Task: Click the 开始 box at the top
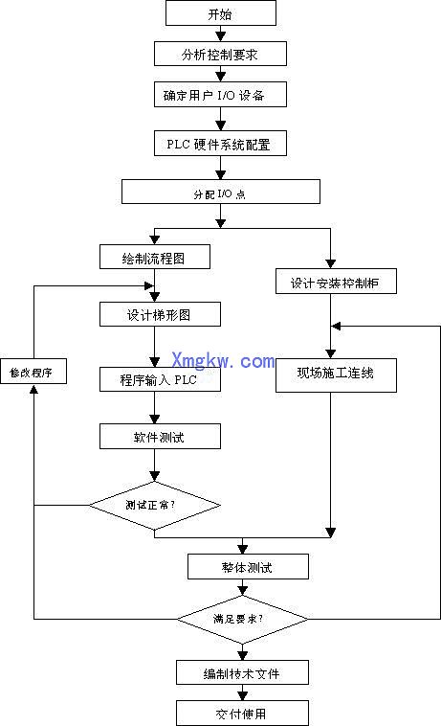[x=220, y=13]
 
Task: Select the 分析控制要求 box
[x=220, y=54]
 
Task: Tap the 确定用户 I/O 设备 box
[x=220, y=95]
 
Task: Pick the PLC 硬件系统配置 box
[x=220, y=143]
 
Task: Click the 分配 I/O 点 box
[x=220, y=192]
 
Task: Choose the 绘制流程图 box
[x=154, y=257]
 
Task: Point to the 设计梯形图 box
[x=160, y=314]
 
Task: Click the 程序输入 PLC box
[x=160, y=378]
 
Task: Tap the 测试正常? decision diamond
[x=154, y=504]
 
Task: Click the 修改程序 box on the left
[x=33, y=372]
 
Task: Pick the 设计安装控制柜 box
[x=330, y=282]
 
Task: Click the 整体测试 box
[x=247, y=567]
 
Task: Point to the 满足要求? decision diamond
[x=242, y=618]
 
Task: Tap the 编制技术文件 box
[x=243, y=672]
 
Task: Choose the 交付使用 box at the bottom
[x=243, y=714]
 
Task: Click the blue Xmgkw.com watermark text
[x=223, y=360]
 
